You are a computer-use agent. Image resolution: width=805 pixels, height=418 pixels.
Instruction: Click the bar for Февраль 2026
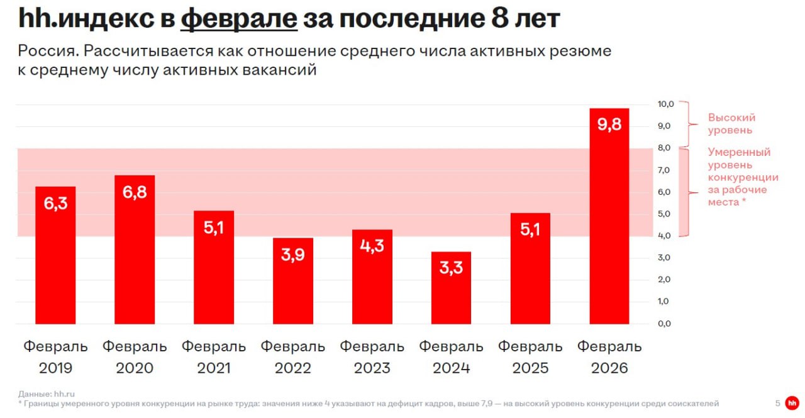pyautogui.click(x=609, y=216)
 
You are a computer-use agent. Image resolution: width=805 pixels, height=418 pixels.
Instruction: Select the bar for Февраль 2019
pyautogui.click(x=55, y=255)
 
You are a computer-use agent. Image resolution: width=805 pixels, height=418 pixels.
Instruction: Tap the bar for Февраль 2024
pyautogui.click(x=451, y=288)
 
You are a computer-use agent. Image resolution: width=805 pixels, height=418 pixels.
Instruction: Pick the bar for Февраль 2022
pyautogui.click(x=293, y=281)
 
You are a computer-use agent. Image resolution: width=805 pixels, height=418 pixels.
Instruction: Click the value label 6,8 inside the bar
pyautogui.click(x=135, y=192)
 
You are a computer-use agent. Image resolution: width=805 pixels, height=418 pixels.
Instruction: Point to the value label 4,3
pyautogui.click(x=372, y=246)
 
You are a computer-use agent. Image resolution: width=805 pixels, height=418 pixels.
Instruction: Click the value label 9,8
pyautogui.click(x=609, y=124)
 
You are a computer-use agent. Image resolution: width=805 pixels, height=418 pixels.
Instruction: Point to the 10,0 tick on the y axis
pyautogui.click(x=665, y=104)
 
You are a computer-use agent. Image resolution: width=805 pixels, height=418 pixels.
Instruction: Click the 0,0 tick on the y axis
pyautogui.click(x=664, y=324)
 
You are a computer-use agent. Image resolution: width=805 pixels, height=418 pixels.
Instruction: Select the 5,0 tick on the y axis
pyautogui.click(x=664, y=214)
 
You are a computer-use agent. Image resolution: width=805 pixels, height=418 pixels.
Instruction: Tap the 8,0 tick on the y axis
pyautogui.click(x=664, y=148)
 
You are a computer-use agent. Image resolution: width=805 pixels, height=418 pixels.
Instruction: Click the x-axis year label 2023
pyautogui.click(x=372, y=368)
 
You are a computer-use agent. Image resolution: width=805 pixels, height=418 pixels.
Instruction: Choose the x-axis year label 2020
pyautogui.click(x=135, y=368)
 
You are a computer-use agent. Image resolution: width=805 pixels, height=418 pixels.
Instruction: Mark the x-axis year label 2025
pyautogui.click(x=530, y=368)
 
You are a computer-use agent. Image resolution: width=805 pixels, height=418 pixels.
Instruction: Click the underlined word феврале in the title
pyautogui.click(x=239, y=19)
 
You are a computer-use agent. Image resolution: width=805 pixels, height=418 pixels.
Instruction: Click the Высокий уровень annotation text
pyautogui.click(x=731, y=124)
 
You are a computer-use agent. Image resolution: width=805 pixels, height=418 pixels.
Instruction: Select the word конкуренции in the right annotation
pyautogui.click(x=743, y=177)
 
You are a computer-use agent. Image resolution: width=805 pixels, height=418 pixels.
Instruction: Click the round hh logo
pyautogui.click(x=792, y=404)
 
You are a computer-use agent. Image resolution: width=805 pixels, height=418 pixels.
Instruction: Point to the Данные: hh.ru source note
pyautogui.click(x=47, y=394)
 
